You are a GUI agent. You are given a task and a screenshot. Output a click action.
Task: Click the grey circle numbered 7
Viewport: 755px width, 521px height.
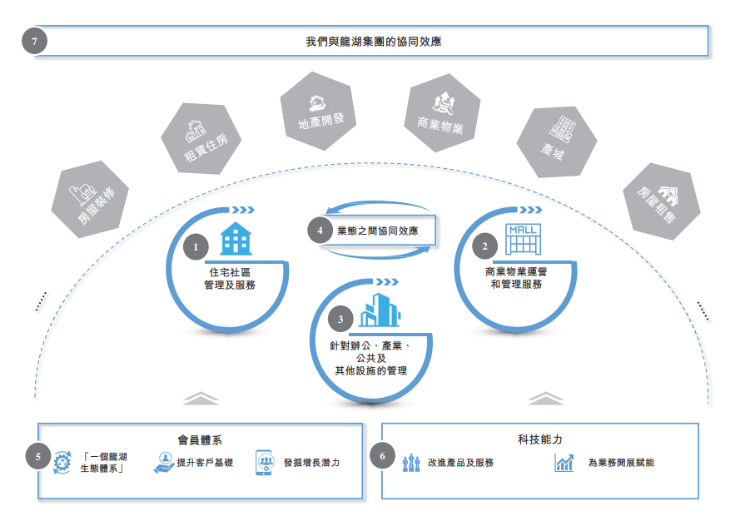tap(34, 41)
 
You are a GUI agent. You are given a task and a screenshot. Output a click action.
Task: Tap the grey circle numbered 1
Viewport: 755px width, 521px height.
tap(196, 246)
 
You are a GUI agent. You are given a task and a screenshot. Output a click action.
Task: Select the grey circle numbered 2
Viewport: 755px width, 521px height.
tap(485, 246)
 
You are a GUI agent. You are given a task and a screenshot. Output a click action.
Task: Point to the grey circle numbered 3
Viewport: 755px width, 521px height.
tap(340, 319)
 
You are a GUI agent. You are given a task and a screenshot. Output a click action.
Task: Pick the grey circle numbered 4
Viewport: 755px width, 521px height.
tap(320, 230)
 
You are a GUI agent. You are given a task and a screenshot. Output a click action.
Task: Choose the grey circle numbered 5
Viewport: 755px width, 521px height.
tap(38, 456)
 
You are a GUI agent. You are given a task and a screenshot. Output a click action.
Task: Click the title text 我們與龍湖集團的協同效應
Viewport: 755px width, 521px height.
tap(372, 41)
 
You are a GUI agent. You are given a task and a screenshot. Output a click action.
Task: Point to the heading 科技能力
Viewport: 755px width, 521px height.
tap(540, 439)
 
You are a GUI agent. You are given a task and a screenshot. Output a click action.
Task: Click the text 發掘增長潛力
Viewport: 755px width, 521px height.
tap(311, 463)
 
